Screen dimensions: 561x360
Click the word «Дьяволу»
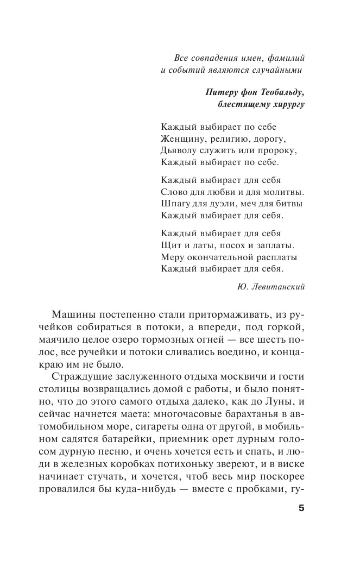point(180,150)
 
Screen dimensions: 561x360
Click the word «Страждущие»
point(83,377)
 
